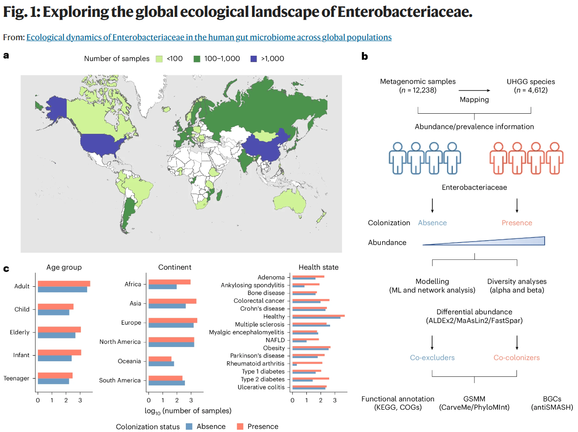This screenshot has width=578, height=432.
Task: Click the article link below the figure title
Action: [x=209, y=37]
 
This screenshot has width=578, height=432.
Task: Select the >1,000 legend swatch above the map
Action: [x=254, y=59]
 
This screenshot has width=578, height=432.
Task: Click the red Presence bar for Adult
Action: [x=64, y=284]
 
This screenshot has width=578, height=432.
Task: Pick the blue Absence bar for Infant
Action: [x=55, y=358]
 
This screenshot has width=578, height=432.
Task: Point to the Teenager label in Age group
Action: [x=16, y=378]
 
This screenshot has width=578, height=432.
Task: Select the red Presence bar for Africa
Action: [x=169, y=282]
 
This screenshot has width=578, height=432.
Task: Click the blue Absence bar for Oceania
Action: [x=161, y=364]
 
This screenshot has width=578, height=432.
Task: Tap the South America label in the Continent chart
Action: [x=120, y=380]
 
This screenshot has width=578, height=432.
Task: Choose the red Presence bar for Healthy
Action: [x=318, y=315]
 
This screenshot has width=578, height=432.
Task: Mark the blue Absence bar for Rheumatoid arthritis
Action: [x=294, y=365]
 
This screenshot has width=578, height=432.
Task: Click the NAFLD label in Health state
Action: [x=275, y=340]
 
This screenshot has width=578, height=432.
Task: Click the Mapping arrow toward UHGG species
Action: [x=474, y=90]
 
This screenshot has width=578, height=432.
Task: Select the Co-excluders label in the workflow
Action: [x=432, y=358]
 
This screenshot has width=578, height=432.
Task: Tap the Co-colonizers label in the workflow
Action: [x=516, y=358]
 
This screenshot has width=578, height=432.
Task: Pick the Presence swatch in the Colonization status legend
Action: [x=240, y=427]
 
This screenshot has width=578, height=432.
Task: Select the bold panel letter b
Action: [x=365, y=57]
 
